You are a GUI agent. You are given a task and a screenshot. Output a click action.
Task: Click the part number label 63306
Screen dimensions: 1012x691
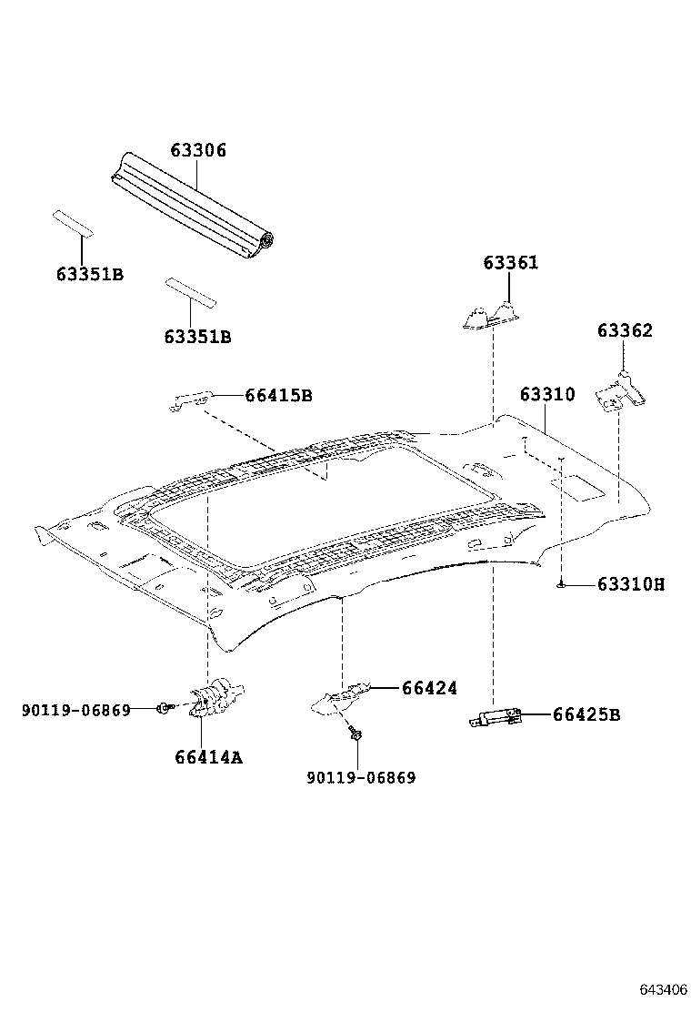point(197,150)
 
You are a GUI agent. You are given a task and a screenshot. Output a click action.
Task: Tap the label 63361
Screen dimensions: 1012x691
point(510,263)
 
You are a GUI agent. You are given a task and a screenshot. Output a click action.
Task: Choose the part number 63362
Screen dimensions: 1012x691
point(625,330)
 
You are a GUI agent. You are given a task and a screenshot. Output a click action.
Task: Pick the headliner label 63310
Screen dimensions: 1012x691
point(547,395)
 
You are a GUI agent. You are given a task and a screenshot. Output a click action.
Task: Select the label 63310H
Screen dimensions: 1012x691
point(631,584)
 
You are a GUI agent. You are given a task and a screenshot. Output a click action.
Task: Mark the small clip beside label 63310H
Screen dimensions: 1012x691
point(563,584)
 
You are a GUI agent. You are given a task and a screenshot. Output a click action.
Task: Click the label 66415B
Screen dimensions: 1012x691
point(278,395)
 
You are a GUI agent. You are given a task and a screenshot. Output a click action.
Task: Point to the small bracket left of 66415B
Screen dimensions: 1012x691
point(192,400)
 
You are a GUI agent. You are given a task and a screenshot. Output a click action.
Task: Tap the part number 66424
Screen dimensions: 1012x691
point(429,688)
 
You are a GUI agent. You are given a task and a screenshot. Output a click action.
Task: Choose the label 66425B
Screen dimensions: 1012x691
point(586,714)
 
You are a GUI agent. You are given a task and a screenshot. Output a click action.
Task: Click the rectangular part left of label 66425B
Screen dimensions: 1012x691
point(496,719)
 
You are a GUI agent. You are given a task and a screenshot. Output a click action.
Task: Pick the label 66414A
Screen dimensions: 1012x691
point(208,756)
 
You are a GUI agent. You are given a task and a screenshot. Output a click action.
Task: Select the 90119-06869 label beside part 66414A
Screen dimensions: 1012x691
point(76,709)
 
